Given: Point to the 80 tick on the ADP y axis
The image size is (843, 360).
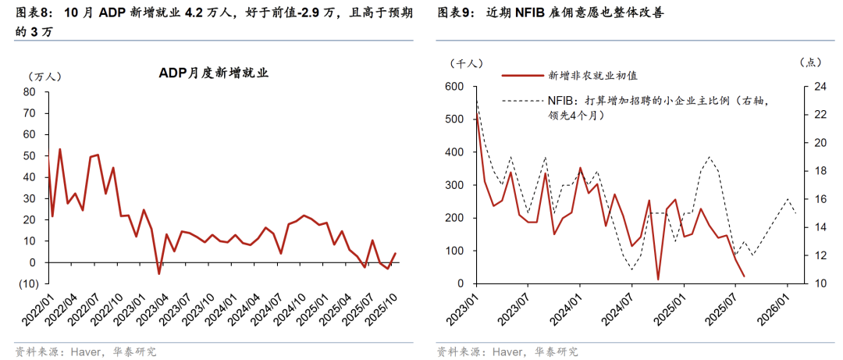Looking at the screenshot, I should [x=30, y=91].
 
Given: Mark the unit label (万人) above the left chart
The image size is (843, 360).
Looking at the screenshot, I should [x=43, y=77].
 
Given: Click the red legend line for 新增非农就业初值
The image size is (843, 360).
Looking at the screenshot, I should [x=521, y=76].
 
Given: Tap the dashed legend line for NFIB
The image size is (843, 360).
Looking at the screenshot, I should [x=521, y=100].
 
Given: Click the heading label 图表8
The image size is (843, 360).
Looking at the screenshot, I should [x=32, y=14].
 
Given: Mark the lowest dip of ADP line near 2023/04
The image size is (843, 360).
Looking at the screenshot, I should [x=159, y=273].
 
